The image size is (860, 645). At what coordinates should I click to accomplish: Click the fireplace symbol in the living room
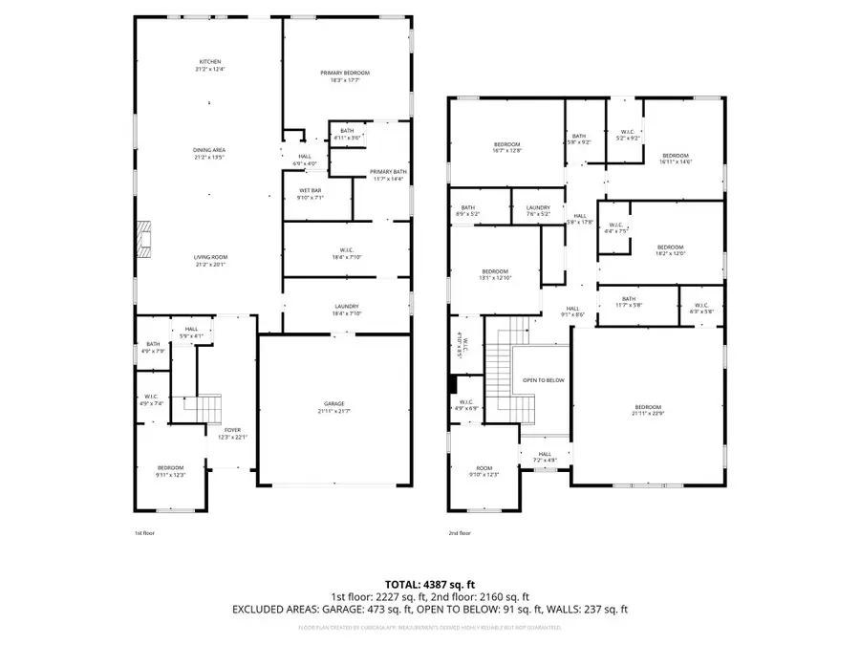(x=142, y=240)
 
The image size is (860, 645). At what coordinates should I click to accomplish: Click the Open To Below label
(x=543, y=380)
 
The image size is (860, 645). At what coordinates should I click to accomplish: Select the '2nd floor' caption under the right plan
(x=459, y=533)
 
